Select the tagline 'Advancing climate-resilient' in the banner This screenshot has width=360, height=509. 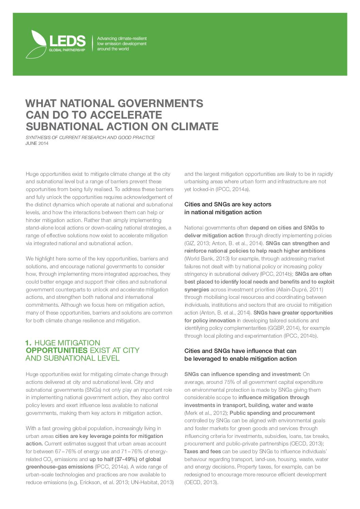coord(122,39)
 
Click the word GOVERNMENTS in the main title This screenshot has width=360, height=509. coord(160,103)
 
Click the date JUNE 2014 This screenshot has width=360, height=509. coord(37,143)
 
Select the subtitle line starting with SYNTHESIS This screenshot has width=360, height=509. coord(90,137)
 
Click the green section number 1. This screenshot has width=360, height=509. coord(29,343)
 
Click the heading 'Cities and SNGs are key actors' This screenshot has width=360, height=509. coord(228,204)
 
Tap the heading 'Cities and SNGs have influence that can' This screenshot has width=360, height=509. coord(240,351)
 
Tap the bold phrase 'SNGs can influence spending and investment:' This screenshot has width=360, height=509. coord(242,374)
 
